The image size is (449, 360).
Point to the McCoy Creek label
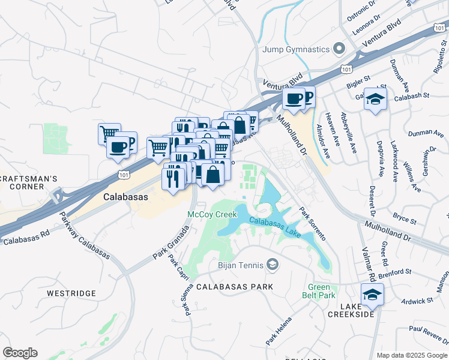211,214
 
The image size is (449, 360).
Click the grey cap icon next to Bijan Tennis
273,265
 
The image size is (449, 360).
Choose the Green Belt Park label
322,291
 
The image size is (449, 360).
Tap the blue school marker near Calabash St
375,99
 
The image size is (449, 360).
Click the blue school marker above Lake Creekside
372,295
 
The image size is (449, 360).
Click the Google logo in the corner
20,353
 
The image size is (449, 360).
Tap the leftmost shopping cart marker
109,133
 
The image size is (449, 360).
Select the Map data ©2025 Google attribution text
412,355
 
